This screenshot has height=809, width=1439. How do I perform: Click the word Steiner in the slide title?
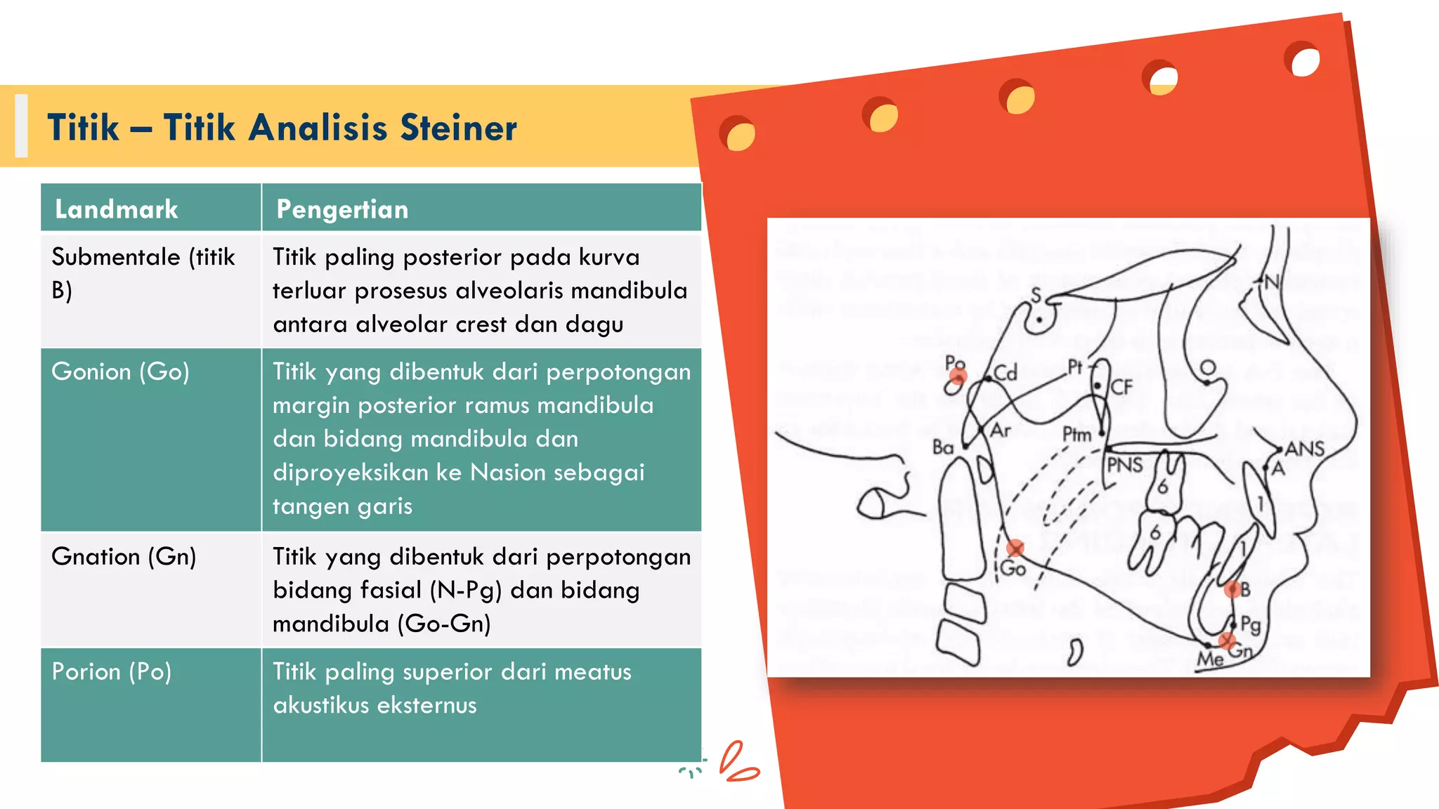[458, 128]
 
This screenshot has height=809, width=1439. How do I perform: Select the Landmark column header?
[117, 209]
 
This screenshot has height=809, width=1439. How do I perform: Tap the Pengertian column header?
[342, 209]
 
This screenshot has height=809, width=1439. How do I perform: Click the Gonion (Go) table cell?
[120, 371]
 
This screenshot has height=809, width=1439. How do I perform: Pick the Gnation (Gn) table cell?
[124, 556]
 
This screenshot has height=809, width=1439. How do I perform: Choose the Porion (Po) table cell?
[112, 671]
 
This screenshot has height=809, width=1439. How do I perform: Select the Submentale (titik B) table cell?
[143, 273]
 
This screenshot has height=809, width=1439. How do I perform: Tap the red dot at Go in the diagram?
[1015, 548]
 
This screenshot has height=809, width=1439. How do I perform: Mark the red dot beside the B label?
[1232, 590]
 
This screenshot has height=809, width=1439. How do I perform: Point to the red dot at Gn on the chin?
[1227, 640]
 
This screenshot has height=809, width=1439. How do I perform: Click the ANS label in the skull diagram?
[1305, 449]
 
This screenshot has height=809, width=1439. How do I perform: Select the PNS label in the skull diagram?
[1125, 465]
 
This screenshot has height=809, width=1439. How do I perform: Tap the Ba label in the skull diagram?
[943, 447]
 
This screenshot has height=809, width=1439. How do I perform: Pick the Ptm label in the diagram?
[1076, 435]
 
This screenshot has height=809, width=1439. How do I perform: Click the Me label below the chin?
[1210, 659]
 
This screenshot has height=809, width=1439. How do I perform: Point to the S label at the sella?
[1036, 296]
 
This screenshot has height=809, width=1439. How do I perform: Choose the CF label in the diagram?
[1122, 387]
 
